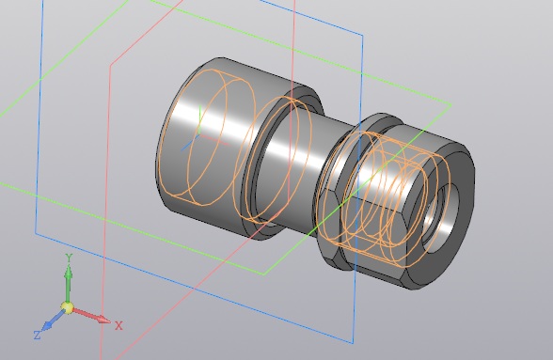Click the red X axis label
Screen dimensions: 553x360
point(118,325)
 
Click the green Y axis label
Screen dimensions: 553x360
point(70,258)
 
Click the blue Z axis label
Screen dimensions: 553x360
point(38,335)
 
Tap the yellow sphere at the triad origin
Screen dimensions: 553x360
point(67,307)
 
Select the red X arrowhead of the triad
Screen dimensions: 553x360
point(104,320)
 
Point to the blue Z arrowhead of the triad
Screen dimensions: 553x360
point(47,326)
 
